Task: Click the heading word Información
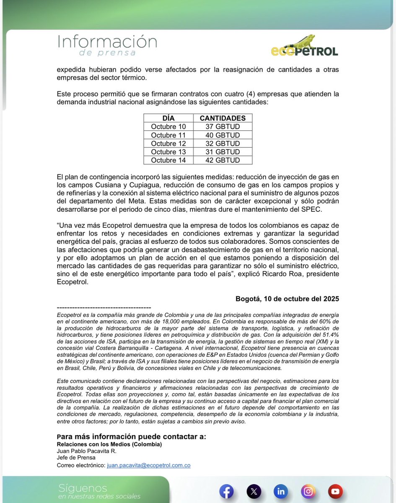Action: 107,42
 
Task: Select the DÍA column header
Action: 168,118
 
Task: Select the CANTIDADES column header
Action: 223,118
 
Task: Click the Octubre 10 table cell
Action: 168,127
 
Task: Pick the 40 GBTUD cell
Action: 223,135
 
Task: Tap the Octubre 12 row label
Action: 168,143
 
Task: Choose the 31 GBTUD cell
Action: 223,152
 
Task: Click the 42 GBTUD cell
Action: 223,160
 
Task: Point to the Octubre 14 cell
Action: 168,160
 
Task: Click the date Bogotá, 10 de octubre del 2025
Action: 287,299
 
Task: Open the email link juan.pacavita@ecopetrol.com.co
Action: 149,465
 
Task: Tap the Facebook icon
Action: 226,491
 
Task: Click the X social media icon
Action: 253,491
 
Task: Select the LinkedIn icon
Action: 280,491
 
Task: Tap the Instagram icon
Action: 308,491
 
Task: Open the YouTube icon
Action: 335,491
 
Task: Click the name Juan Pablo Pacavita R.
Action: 86,451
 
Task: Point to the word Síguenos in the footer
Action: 83,488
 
